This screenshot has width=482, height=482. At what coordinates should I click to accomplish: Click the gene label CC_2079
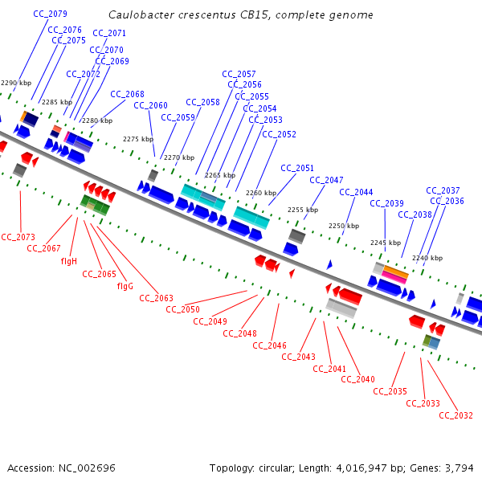click(51, 14)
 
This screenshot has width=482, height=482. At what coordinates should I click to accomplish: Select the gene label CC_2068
click(127, 94)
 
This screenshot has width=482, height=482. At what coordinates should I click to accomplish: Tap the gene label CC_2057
click(239, 74)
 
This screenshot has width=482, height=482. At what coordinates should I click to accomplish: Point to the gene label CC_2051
click(297, 168)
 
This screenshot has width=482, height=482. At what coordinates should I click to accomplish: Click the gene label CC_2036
click(447, 201)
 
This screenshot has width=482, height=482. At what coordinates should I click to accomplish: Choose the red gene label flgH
click(68, 261)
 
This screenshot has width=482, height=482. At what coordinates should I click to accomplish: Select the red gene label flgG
click(125, 286)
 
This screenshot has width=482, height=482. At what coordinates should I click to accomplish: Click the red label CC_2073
click(18, 237)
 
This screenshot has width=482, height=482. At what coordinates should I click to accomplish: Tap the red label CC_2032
click(457, 415)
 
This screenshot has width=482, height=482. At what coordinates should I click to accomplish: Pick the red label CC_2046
click(269, 345)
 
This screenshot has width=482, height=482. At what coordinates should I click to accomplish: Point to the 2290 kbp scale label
click(16, 83)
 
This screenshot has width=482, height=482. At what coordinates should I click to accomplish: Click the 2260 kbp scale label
click(261, 193)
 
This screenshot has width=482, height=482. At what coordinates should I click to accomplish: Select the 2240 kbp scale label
click(427, 258)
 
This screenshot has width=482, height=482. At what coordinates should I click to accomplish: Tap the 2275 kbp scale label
click(138, 139)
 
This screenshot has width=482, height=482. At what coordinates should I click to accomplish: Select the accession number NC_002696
click(86, 468)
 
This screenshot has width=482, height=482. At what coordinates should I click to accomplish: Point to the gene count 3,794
click(460, 468)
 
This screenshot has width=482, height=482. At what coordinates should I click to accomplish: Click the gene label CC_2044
click(356, 192)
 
